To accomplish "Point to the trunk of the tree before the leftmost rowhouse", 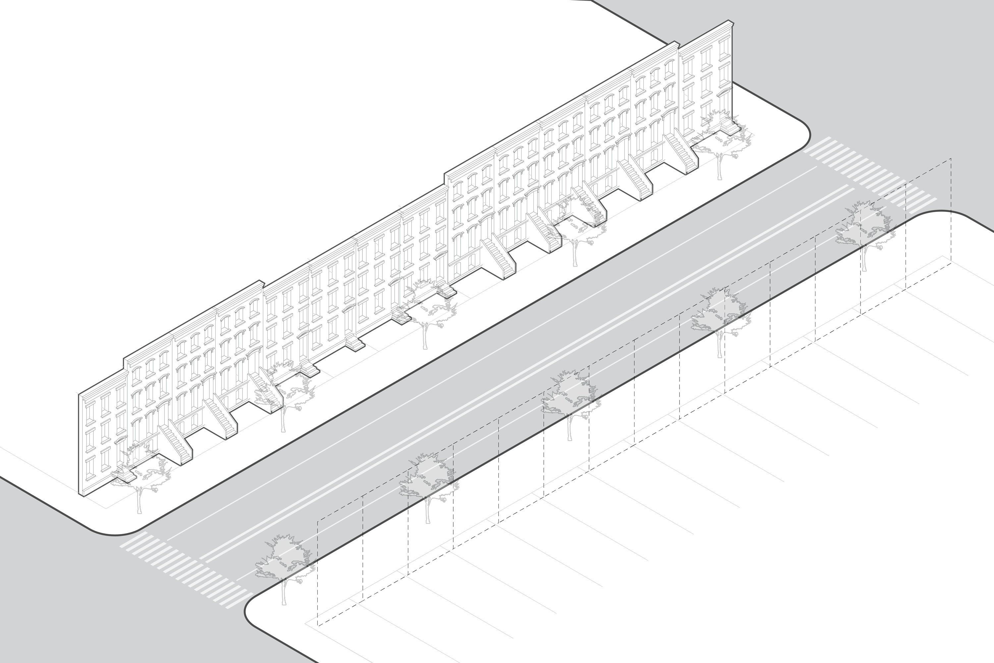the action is pyautogui.click(x=139, y=501).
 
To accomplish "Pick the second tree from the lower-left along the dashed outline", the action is pyautogui.click(x=427, y=486).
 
